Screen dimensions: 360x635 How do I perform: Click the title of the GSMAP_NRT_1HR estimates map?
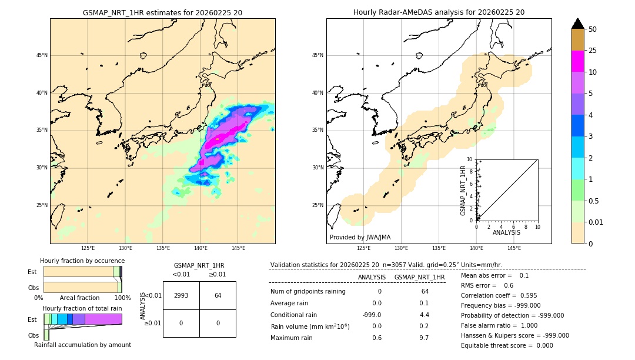pyautogui.click(x=162, y=12)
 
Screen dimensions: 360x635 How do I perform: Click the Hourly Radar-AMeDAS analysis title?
pyautogui.click(x=439, y=12)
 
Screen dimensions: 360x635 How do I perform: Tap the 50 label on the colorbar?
pyautogui.click(x=593, y=29)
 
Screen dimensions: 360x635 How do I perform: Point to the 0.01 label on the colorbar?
pyautogui.click(x=596, y=222)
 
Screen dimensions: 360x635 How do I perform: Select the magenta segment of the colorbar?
pyautogui.click(x=578, y=61)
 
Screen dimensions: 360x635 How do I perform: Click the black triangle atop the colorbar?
pyautogui.click(x=578, y=24)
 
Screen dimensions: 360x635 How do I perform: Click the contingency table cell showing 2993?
pyautogui.click(x=181, y=295)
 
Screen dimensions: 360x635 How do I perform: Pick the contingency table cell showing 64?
pyautogui.click(x=218, y=295)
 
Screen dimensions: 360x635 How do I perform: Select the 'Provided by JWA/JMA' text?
pyautogui.click(x=360, y=237)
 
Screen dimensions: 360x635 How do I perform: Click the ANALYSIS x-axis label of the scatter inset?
pyautogui.click(x=507, y=232)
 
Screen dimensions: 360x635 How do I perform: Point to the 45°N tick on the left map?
pyautogui.click(x=41, y=55)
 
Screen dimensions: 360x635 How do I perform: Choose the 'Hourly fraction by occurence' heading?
pyautogui.click(x=82, y=261)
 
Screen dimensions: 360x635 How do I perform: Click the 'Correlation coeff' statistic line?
pyautogui.click(x=499, y=295)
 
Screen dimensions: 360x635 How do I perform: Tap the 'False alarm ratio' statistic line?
pyautogui.click(x=499, y=325)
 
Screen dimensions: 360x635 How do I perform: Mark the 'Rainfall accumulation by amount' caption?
pyautogui.click(x=82, y=345)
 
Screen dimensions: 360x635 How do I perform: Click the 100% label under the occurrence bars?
pyautogui.click(x=122, y=298)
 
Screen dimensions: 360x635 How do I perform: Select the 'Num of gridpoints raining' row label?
pyautogui.click(x=308, y=291)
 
